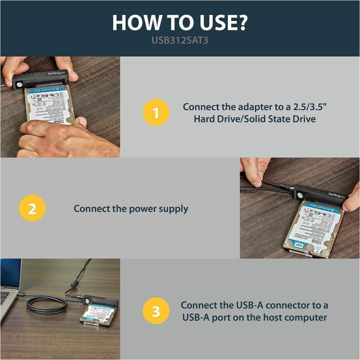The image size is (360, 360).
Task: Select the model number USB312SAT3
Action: point(180,41)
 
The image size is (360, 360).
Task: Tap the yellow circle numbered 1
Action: point(156,112)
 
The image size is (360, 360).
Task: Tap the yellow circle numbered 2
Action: point(32,208)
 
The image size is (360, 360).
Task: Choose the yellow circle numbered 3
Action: point(156,311)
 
